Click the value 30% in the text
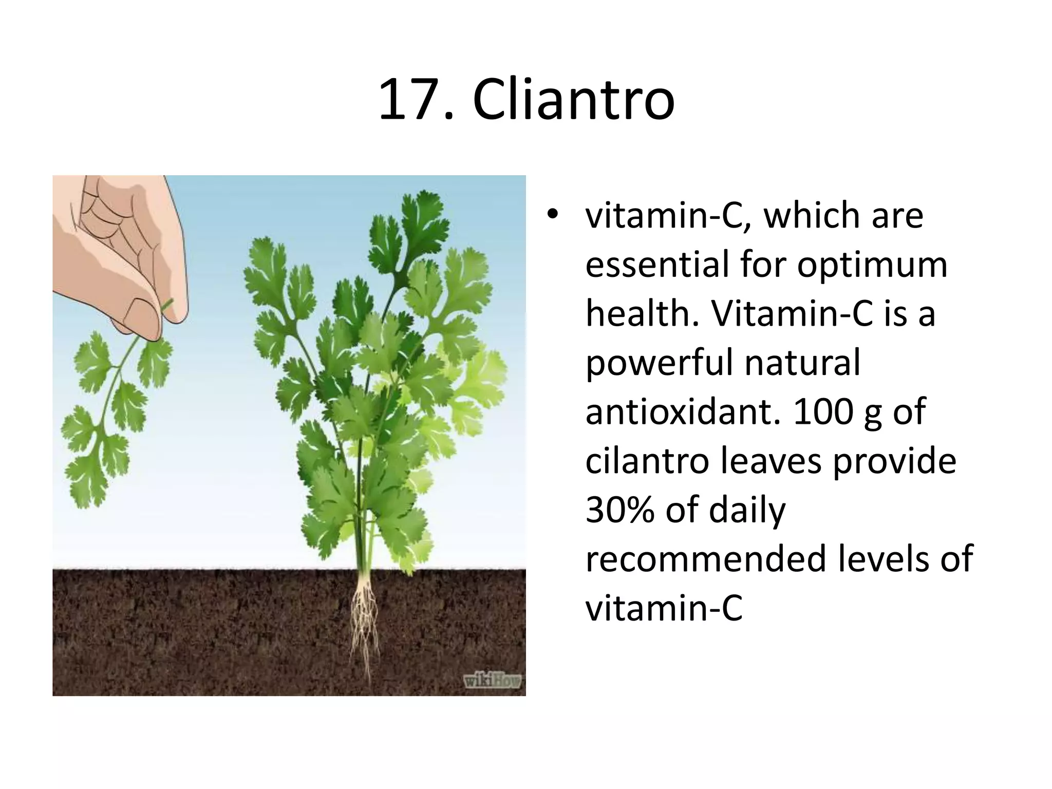coord(619,511)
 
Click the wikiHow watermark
coord(492,681)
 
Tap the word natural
coord(802,363)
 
